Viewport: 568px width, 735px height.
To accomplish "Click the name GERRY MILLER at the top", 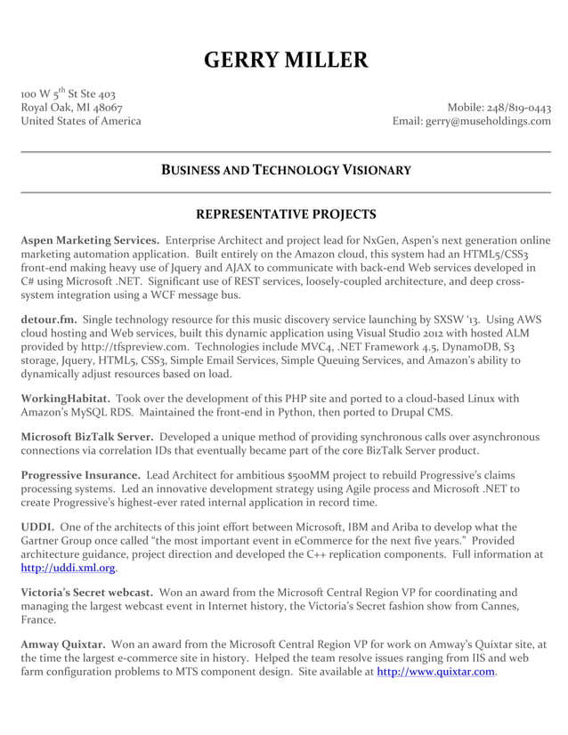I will coord(285,61).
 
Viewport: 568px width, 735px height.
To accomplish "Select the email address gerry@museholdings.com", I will coord(488,122).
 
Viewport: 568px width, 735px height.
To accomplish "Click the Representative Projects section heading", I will coord(285,214).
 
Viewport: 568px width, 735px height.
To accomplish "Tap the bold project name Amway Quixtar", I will coord(63,643).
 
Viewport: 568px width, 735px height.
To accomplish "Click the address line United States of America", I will coord(80,122).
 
